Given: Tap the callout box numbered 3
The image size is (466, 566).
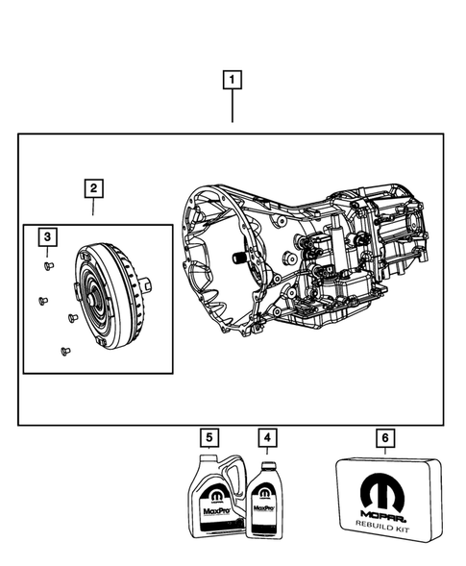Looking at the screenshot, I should click(x=46, y=236).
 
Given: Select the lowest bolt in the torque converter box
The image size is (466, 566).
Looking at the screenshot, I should click(x=63, y=350).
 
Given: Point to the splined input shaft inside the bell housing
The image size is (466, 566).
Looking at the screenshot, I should click(x=233, y=258).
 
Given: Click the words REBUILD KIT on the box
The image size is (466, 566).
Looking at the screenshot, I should click(x=384, y=523).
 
